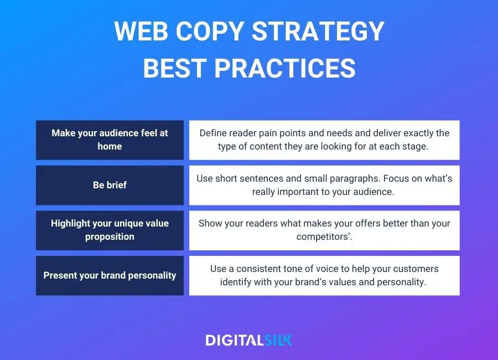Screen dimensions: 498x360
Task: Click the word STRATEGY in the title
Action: coord(318,31)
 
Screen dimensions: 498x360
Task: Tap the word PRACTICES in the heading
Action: coord(285,68)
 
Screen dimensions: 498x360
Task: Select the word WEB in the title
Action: coord(141,31)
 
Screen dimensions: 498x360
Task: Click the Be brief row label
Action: coord(110,185)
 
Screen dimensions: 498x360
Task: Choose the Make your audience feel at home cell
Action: coord(110,140)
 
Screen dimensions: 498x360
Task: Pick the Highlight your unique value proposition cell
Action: coord(110,230)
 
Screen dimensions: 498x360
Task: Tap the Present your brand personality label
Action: coord(110,275)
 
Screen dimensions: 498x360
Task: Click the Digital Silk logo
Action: coord(248,340)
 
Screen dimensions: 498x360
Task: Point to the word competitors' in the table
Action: coord(324,237)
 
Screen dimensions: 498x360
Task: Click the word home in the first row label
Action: coord(110,146)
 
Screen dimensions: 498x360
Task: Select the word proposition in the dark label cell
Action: coord(110,237)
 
